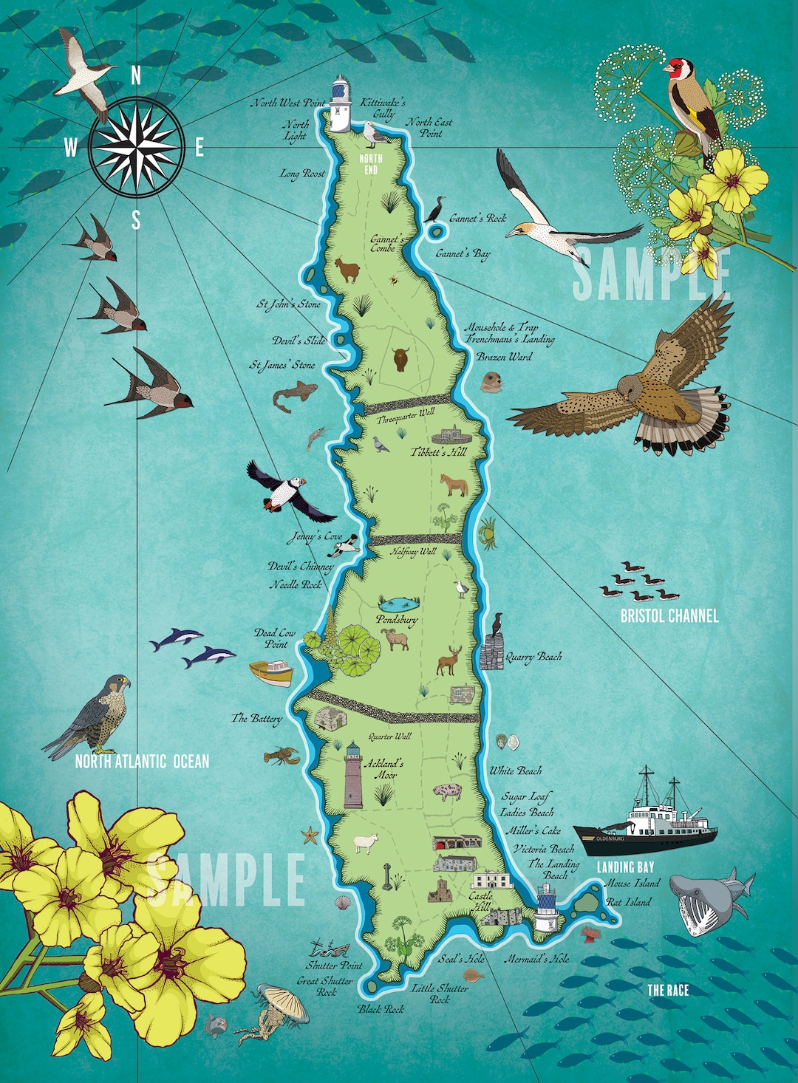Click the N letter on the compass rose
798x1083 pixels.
coord(136,75)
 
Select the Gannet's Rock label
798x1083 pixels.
coord(478,219)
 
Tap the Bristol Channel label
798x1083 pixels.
coord(669,615)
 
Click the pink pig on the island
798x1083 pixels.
coord(448,793)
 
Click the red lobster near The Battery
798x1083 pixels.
coord(282,756)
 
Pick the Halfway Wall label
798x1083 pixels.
coord(414,552)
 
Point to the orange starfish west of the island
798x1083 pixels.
coord(310,836)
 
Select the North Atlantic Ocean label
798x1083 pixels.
coord(142,762)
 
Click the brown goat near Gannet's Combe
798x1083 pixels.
coord(347,270)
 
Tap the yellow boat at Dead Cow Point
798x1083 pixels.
coord(271,672)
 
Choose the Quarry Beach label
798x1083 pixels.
coord(533,657)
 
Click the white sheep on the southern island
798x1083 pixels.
coord(366,843)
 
